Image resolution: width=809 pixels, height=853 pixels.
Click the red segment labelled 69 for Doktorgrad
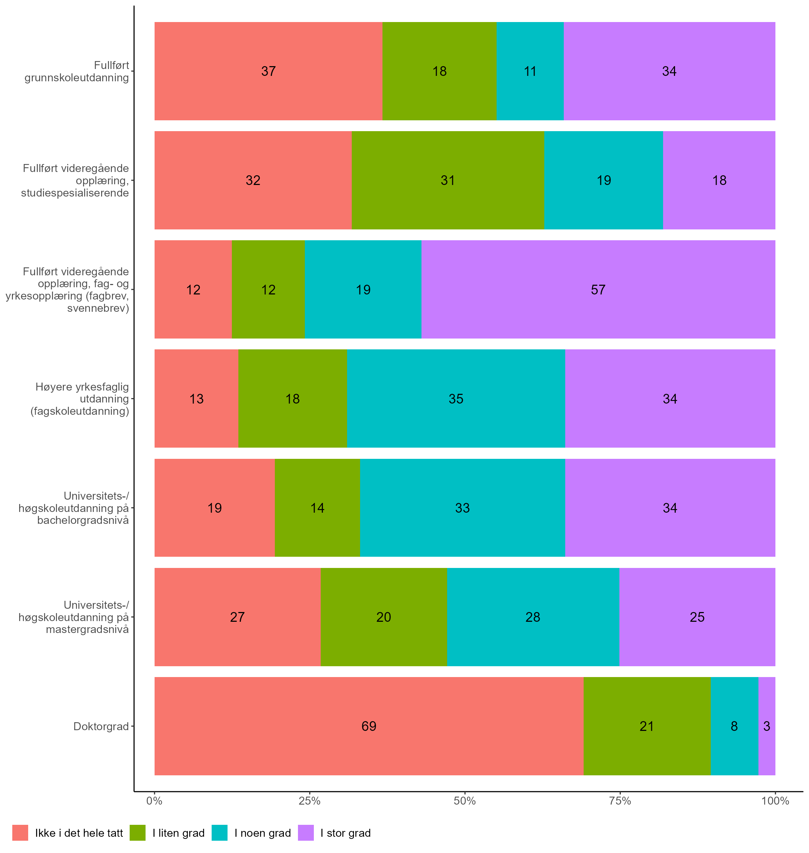369,726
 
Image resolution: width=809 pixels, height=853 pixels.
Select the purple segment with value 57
598,289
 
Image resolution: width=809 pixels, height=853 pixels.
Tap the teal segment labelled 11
530,71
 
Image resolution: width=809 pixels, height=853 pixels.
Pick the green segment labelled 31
447,180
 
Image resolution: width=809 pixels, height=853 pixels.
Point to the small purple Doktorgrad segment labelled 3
767,726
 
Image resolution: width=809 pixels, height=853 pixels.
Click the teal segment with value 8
734,726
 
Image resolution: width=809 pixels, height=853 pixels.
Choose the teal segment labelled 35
456,399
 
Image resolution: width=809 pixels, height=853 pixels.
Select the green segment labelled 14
317,508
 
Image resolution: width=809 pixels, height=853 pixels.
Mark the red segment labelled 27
237,617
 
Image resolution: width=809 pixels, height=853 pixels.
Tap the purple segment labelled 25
697,617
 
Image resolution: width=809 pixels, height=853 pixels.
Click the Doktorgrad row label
101,727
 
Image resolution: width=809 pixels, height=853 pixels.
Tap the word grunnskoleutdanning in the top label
77,78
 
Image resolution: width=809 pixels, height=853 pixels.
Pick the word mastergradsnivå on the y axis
87,629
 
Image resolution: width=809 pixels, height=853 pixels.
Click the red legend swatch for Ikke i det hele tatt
20,833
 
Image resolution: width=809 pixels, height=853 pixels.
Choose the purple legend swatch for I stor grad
306,833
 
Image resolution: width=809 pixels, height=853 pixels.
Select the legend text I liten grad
178,833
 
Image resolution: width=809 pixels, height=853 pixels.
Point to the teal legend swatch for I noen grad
220,833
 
